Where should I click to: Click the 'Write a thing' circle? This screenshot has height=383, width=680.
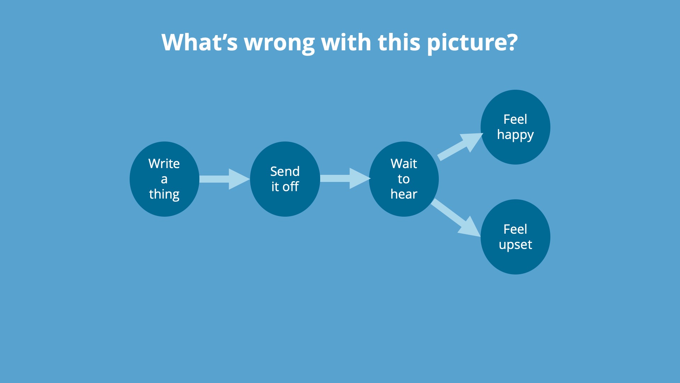(x=164, y=179)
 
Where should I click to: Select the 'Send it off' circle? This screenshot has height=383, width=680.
(x=285, y=179)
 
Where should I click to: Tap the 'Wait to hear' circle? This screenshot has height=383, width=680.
(x=404, y=179)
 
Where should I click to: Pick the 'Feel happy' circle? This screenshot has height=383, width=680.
(x=515, y=127)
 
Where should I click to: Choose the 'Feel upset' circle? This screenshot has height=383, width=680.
(x=515, y=237)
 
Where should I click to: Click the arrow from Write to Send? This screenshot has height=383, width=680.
(x=225, y=179)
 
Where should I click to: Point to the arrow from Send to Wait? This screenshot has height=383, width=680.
(x=345, y=178)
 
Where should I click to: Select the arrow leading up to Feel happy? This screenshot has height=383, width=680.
(x=460, y=146)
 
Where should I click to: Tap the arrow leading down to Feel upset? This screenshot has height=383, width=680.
(x=456, y=218)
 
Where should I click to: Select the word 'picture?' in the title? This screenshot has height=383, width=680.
(x=472, y=43)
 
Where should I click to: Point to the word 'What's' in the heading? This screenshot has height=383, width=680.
(x=199, y=42)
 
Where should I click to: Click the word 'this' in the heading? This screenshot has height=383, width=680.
(x=399, y=42)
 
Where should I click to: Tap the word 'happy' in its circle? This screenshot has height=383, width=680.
(x=515, y=135)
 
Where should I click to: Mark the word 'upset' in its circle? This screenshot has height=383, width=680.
(x=515, y=245)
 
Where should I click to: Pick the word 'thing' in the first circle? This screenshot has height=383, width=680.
(x=164, y=195)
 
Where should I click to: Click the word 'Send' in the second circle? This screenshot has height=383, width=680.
(x=285, y=171)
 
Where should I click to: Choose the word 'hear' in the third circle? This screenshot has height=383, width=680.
(x=404, y=194)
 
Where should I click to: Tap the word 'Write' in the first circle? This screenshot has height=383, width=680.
(x=164, y=163)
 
